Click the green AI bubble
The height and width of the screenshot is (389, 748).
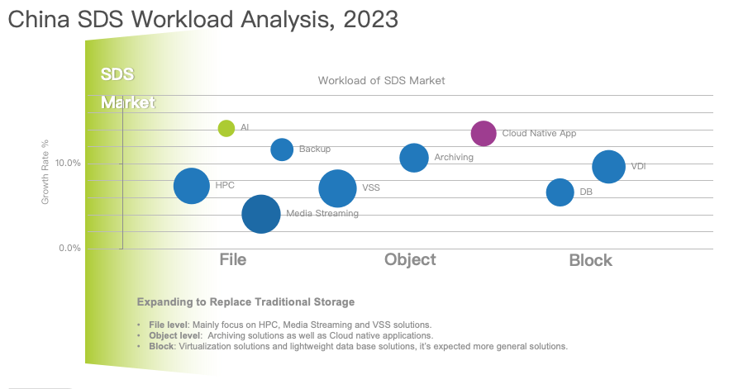tap(226, 128)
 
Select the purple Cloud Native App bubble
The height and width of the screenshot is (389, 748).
tap(484, 133)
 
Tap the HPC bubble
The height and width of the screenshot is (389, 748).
tap(192, 186)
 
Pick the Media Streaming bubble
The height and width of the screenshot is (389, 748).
tap(261, 214)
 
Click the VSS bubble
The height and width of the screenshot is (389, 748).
tap(337, 188)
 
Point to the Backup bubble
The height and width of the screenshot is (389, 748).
tap(282, 149)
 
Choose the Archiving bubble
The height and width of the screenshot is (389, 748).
tap(414, 158)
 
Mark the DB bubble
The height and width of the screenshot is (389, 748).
tap(560, 192)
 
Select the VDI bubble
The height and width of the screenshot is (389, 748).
tap(608, 167)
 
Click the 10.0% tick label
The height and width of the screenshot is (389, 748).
tap(69, 164)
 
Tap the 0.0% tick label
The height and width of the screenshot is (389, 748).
tap(69, 248)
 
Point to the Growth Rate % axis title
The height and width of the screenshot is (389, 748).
tap(47, 173)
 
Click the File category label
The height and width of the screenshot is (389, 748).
tap(233, 259)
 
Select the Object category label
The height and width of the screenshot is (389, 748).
tap(410, 259)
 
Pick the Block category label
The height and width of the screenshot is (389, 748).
tap(590, 260)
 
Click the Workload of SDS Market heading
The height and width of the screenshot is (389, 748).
tap(382, 81)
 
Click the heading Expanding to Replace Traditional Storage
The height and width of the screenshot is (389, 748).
tap(245, 301)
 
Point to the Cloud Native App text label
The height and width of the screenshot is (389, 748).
tap(539, 133)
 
